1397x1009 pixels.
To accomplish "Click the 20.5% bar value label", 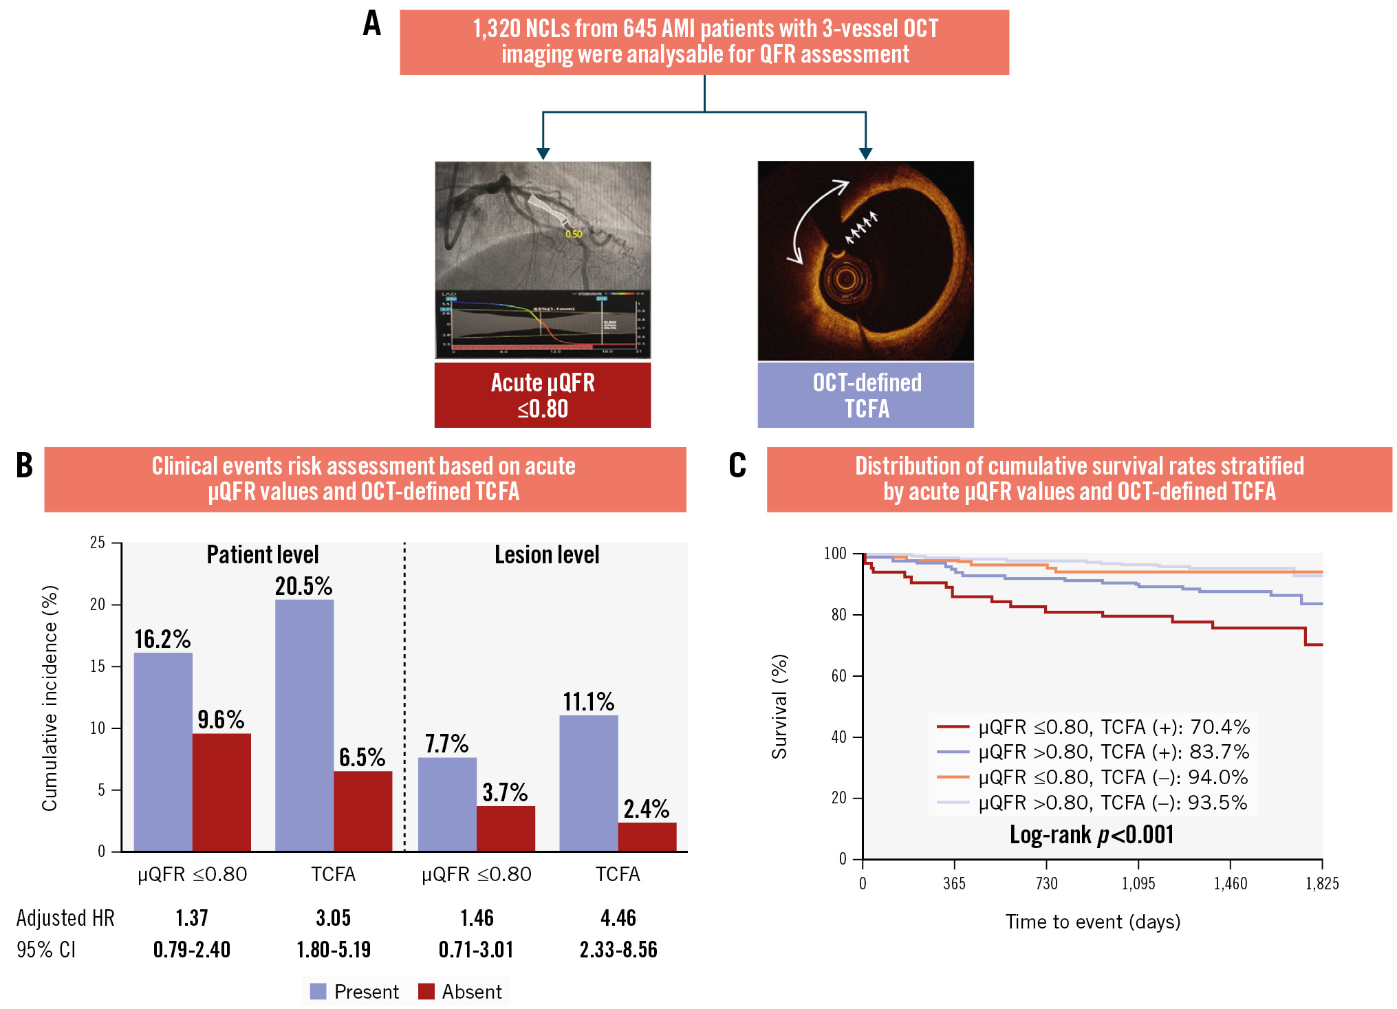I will pos(303,586).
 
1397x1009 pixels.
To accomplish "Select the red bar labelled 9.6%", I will pos(221,792).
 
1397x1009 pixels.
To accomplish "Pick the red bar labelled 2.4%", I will pos(647,836).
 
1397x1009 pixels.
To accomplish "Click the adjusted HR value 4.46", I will pos(618,918).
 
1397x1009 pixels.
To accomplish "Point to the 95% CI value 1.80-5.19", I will pos(334,950).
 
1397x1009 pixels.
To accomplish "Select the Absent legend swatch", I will pos(426,991).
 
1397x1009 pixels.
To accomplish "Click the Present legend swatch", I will pos(318,991).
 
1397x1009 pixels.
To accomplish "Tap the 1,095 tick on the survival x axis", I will pos(1138,884).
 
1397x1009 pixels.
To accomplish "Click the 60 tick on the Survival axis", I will pos(838,675).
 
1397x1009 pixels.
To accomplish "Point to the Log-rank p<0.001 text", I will pos(1092,834).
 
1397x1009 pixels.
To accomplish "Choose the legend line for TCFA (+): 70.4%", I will pos(953,726).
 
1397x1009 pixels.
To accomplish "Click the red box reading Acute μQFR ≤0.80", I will pos(542,395).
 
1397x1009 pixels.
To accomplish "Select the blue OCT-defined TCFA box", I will pos(865,395).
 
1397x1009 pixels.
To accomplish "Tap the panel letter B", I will pos(24,466).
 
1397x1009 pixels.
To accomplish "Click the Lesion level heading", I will pos(547,554).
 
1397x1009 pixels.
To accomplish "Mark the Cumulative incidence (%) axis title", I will pos(50,697).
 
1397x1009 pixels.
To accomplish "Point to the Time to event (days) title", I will pos(1092,922).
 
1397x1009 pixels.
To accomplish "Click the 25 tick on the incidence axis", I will pos(98,543).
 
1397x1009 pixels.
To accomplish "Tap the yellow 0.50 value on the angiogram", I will pos(574,234).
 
